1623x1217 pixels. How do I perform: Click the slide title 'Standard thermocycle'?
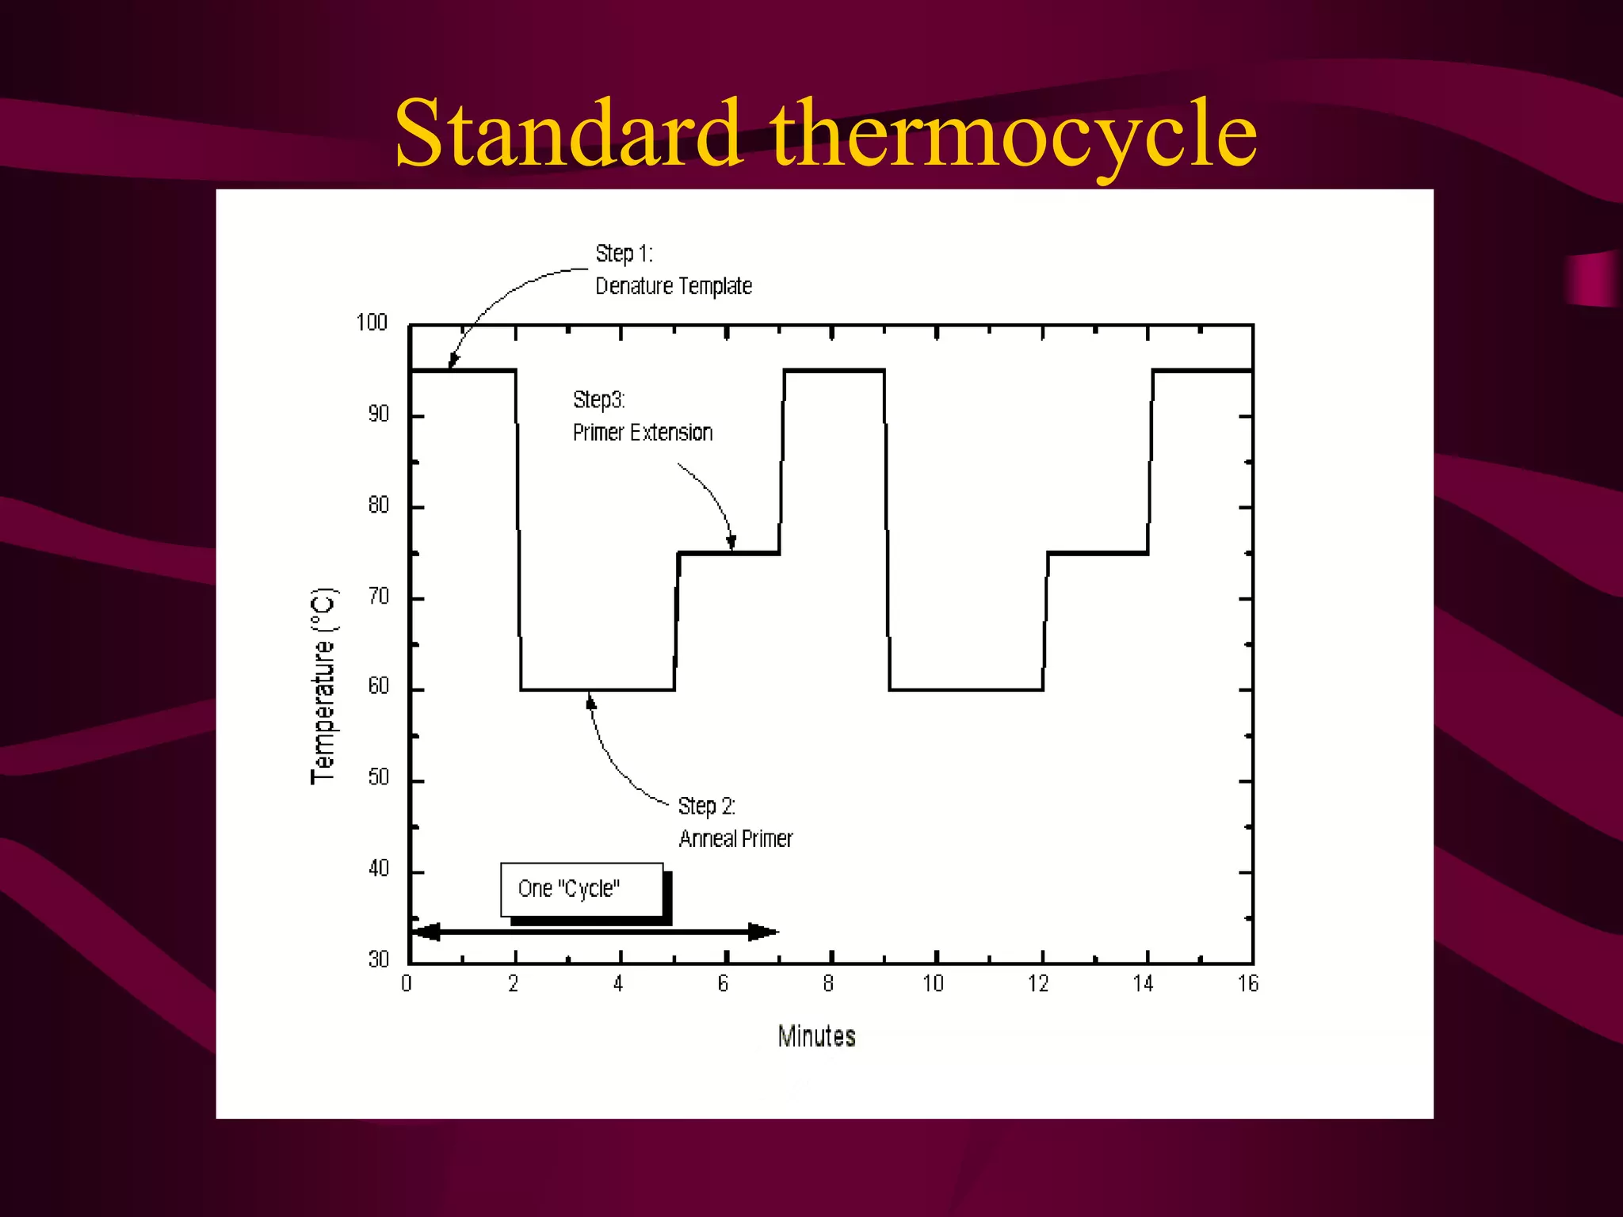point(825,133)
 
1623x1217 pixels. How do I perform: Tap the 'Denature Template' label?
point(674,286)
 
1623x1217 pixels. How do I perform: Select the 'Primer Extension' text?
point(643,433)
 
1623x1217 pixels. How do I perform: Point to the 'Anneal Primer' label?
point(735,839)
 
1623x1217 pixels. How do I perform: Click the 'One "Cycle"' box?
point(582,889)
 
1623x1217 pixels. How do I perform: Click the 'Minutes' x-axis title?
point(816,1036)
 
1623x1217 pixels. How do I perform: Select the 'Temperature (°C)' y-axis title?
point(323,686)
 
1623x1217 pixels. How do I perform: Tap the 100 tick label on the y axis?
point(372,322)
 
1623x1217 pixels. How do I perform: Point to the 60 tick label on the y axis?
point(379,686)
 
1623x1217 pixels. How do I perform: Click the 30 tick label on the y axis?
point(379,959)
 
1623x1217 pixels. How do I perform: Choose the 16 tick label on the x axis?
point(1248,984)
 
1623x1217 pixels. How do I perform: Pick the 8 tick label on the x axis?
point(828,984)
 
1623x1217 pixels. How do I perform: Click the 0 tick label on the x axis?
point(407,984)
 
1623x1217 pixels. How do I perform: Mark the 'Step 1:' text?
point(624,254)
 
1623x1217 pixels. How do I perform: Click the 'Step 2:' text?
point(706,807)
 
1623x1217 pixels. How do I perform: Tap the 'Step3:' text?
point(599,400)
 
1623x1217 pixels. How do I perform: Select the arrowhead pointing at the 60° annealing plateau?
point(590,701)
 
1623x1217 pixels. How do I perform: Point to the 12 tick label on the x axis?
point(1038,984)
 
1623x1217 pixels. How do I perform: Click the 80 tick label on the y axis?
point(379,505)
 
